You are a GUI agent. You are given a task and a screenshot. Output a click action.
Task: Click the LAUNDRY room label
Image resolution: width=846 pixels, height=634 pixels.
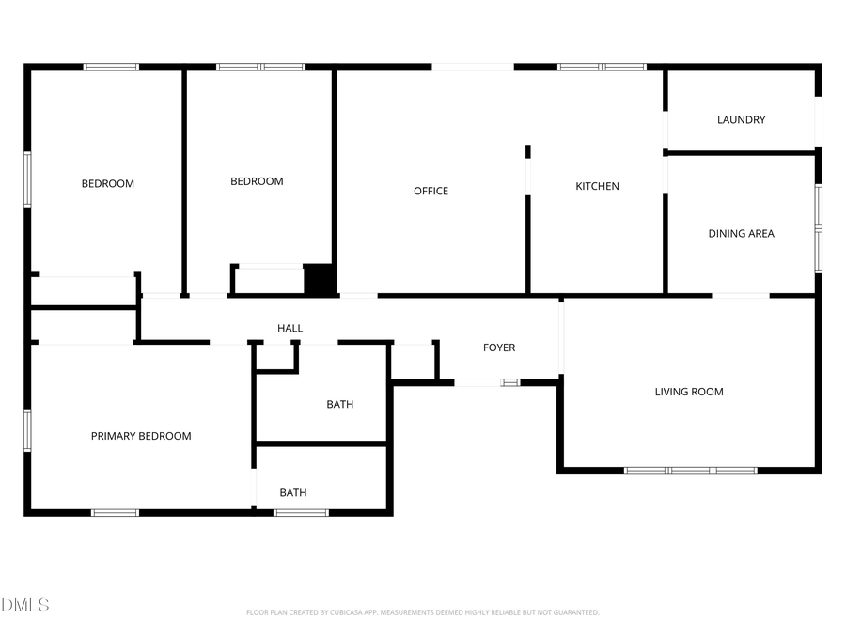[741, 119]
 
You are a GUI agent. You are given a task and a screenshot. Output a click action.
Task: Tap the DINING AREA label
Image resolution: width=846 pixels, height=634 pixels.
[741, 233]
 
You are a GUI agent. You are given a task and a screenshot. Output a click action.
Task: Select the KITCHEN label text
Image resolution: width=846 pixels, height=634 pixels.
[597, 186]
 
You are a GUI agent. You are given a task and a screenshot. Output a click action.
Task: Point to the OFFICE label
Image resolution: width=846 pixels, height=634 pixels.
[431, 191]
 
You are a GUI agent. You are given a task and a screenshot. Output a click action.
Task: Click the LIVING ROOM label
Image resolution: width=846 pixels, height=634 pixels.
[689, 392]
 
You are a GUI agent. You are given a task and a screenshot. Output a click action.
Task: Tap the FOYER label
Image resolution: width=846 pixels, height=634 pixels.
[498, 348]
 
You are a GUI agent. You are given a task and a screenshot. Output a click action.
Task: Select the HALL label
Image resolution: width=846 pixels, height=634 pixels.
[290, 328]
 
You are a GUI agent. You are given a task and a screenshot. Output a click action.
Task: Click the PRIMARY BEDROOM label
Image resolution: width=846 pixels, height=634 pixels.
[140, 436]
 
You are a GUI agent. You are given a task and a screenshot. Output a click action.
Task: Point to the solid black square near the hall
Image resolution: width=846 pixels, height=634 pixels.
[320, 280]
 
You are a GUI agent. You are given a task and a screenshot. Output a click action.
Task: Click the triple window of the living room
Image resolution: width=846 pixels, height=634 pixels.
[690, 470]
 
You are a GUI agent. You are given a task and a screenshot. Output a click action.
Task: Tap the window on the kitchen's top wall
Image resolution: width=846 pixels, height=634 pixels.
[602, 67]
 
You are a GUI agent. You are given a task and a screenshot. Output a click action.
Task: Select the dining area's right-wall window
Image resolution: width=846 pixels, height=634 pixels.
[818, 227]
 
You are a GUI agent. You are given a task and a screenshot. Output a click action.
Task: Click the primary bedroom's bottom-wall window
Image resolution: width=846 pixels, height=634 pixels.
[115, 512]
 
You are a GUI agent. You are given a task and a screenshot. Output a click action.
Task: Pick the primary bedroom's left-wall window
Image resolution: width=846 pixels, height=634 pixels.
[27, 429]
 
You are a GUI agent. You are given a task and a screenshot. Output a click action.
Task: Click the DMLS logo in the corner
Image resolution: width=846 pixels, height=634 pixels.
[24, 605]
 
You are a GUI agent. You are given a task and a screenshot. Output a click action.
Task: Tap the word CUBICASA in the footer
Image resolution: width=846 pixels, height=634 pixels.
[350, 612]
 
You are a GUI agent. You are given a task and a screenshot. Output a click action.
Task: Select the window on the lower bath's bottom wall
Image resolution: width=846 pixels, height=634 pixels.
[301, 512]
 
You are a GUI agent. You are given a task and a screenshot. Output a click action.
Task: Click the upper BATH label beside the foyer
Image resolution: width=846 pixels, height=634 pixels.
[339, 404]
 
